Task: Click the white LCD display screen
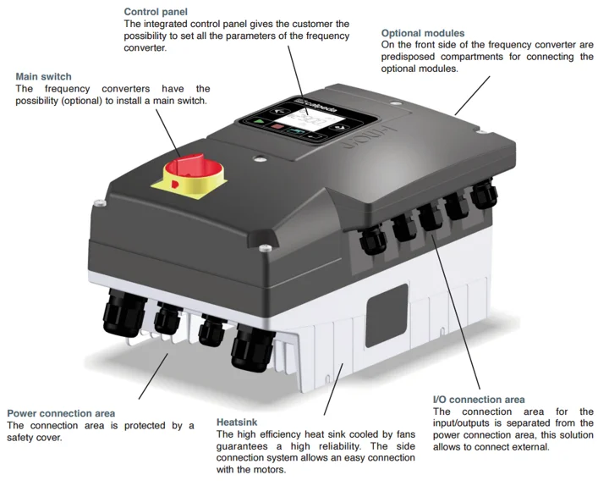tap(311, 120)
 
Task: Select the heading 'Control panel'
tap(155, 12)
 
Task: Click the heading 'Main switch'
tap(43, 76)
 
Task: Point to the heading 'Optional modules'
tap(423, 33)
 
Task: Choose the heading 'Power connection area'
tap(61, 413)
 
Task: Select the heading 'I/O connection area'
tap(479, 400)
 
